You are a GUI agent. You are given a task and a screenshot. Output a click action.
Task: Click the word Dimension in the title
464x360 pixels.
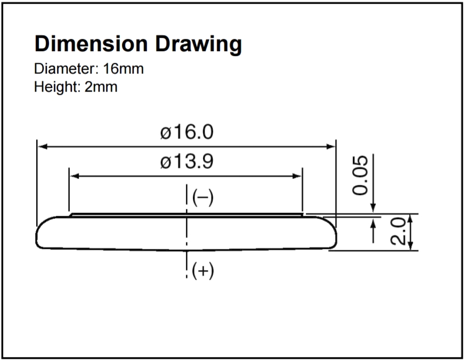pos(91,44)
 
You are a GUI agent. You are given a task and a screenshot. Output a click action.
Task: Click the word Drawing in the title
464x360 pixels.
pos(199,45)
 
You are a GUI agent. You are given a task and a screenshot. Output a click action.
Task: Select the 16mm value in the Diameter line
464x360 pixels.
pos(124,69)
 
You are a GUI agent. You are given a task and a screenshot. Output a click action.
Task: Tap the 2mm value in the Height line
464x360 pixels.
pos(101,87)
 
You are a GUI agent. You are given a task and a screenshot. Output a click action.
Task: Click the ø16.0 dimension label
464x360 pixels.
pos(187,132)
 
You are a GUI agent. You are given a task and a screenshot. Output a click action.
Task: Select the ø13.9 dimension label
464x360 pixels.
pos(187,161)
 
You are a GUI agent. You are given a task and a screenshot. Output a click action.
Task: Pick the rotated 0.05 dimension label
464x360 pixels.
pos(360,175)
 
